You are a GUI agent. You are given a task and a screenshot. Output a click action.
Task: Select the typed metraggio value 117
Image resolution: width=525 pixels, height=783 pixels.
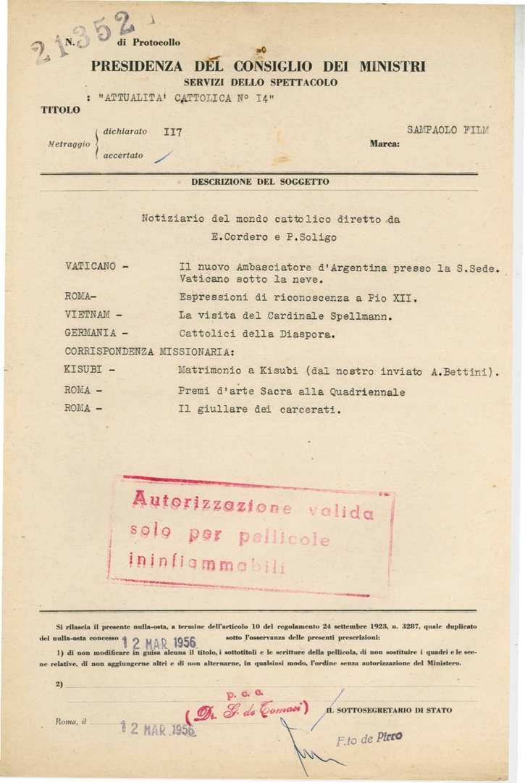(173, 133)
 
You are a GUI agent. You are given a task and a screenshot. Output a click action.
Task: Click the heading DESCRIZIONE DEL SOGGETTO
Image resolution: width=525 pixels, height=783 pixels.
(260, 181)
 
